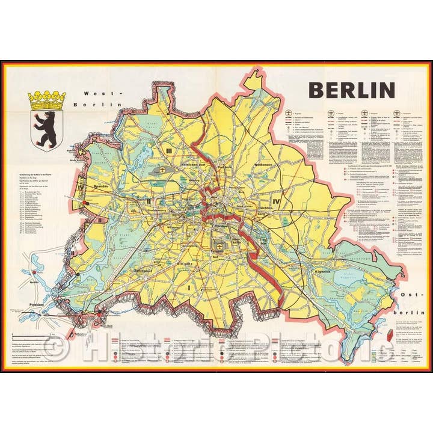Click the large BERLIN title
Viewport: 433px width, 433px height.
[351, 90]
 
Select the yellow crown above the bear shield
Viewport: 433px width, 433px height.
[47, 97]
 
